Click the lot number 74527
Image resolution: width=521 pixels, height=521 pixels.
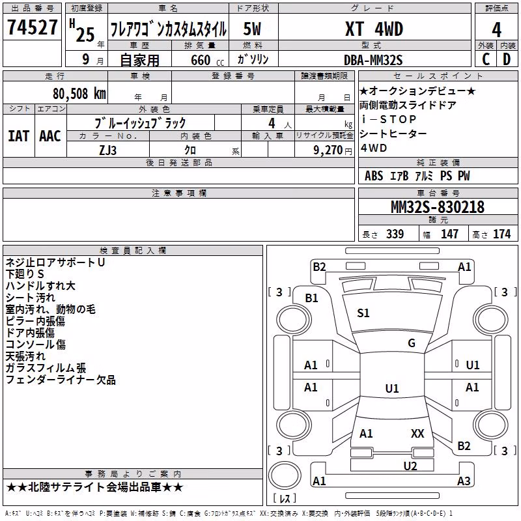[x=32, y=27]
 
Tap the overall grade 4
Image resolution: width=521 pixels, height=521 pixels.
[x=496, y=30]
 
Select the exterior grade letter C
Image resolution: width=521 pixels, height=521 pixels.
[x=486, y=59]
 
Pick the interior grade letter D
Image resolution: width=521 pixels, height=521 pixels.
[x=507, y=59]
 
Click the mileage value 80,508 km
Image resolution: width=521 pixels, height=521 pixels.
[x=79, y=94]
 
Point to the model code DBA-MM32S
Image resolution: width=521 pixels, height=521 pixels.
[x=373, y=60]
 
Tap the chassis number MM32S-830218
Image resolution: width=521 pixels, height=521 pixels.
[x=438, y=207]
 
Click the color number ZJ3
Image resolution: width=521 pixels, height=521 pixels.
[x=107, y=150]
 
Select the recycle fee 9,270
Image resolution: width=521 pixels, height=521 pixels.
[x=328, y=150]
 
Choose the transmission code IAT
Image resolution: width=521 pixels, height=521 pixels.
[x=18, y=136]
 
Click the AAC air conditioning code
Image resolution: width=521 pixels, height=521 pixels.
[x=50, y=136]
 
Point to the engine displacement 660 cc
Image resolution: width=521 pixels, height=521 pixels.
[x=207, y=61]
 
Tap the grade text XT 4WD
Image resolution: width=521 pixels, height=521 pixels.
[x=374, y=29]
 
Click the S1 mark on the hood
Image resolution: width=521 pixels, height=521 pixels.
[x=363, y=313]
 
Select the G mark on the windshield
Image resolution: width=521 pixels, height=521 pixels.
[x=412, y=343]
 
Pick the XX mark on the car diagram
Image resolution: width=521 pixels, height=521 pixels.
[x=417, y=433]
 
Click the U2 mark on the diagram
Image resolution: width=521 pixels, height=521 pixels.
[x=410, y=466]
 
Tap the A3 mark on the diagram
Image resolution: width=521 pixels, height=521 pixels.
[x=464, y=481]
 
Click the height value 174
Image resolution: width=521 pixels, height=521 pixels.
[x=501, y=234]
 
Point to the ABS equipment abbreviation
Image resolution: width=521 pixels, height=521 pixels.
[x=374, y=176]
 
